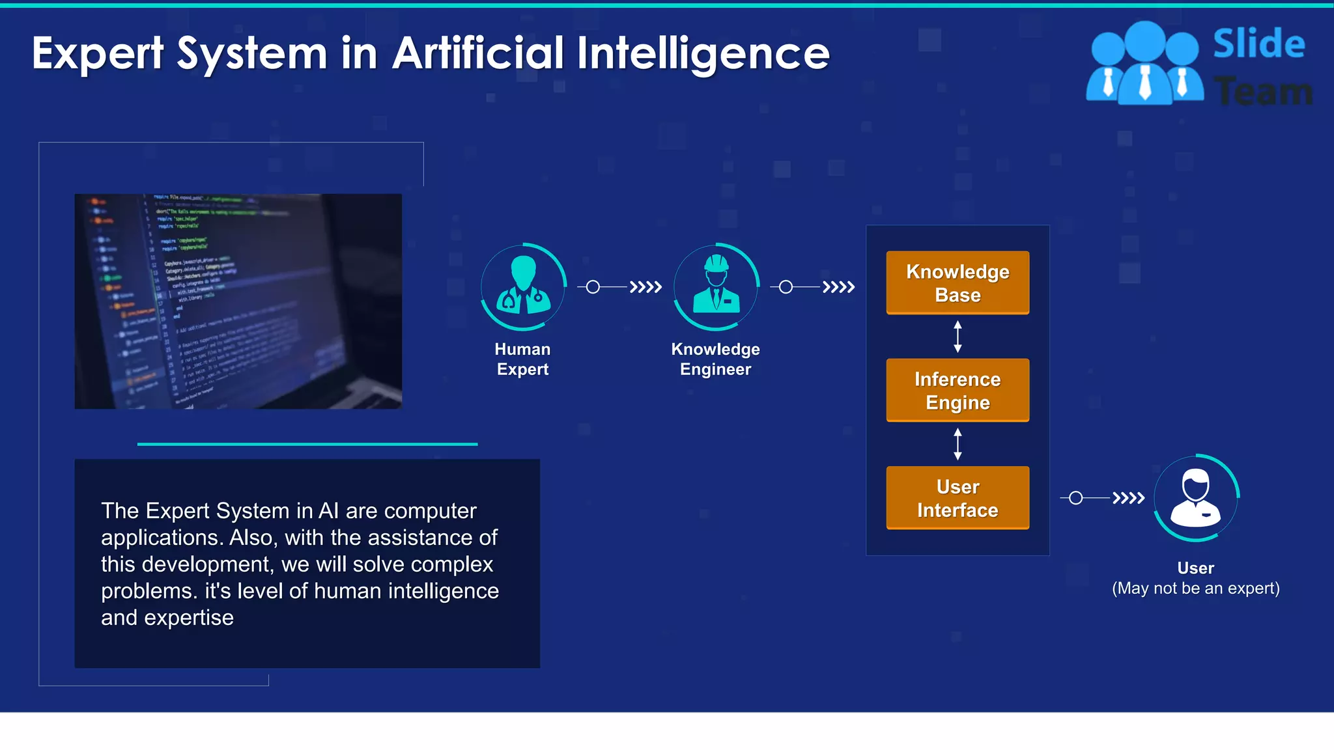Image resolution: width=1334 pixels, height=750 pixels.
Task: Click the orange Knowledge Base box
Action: pyautogui.click(x=958, y=283)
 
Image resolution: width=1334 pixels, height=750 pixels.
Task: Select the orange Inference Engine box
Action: pyautogui.click(x=958, y=390)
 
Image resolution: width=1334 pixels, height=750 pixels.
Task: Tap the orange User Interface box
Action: pyautogui.click(x=958, y=498)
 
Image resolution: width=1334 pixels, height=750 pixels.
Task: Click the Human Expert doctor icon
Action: pyautogui.click(x=523, y=286)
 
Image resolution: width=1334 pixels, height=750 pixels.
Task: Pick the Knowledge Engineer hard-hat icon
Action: pyautogui.click(x=716, y=286)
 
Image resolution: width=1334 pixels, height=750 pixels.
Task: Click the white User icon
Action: pyautogui.click(x=1196, y=497)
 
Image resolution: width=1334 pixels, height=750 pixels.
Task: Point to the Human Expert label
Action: pyautogui.click(x=522, y=359)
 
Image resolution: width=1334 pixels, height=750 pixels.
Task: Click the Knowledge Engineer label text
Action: pyautogui.click(x=715, y=359)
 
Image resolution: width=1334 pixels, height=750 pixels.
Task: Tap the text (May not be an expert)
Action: pyautogui.click(x=1196, y=588)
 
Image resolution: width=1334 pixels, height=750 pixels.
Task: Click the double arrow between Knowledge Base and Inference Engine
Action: pyautogui.click(x=958, y=337)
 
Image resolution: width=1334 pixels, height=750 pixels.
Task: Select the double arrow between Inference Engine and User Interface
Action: pyautogui.click(x=958, y=444)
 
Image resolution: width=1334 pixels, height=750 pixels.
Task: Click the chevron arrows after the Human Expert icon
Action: pyautogui.click(x=645, y=287)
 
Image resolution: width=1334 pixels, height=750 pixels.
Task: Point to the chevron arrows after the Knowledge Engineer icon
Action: pyautogui.click(x=838, y=287)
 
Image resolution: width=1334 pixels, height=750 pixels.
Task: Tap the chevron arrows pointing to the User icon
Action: pyautogui.click(x=1128, y=498)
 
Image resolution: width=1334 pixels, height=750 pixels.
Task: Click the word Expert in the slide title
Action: pyautogui.click(x=98, y=53)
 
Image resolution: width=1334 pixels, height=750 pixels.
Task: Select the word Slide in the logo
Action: pyautogui.click(x=1258, y=44)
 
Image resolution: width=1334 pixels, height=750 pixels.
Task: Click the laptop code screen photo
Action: pyautogui.click(x=238, y=301)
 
